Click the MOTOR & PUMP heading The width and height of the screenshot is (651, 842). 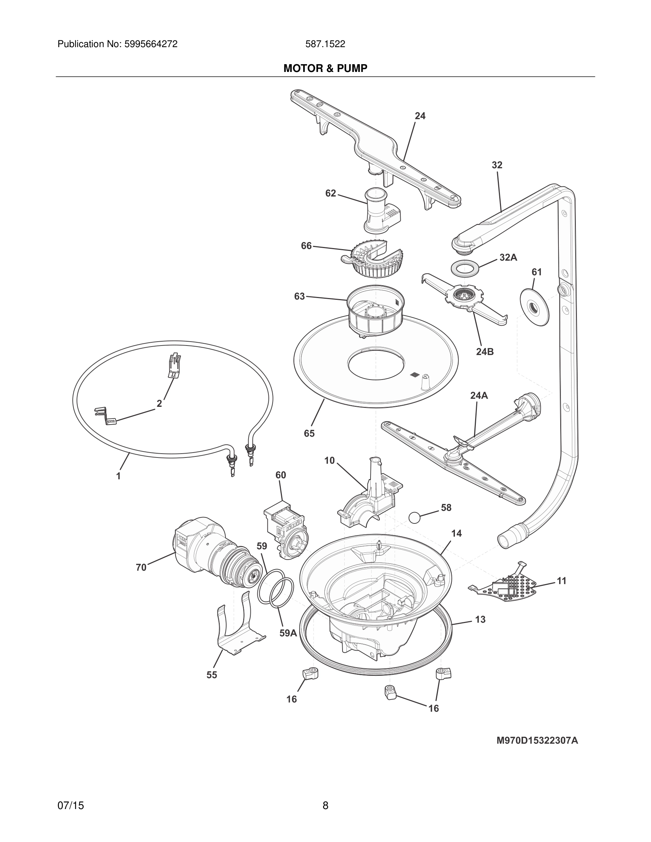(x=325, y=69)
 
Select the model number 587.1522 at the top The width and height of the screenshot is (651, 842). (x=325, y=44)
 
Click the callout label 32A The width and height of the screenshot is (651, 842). (x=508, y=258)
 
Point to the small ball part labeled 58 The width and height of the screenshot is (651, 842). (x=415, y=517)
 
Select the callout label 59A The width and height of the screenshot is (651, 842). (x=288, y=633)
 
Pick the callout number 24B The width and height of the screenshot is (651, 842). (x=484, y=352)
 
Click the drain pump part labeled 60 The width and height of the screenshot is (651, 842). (x=285, y=530)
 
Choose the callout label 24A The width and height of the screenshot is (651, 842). (x=479, y=395)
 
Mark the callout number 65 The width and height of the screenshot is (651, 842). (x=309, y=433)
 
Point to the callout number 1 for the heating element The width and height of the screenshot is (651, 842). (x=118, y=476)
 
